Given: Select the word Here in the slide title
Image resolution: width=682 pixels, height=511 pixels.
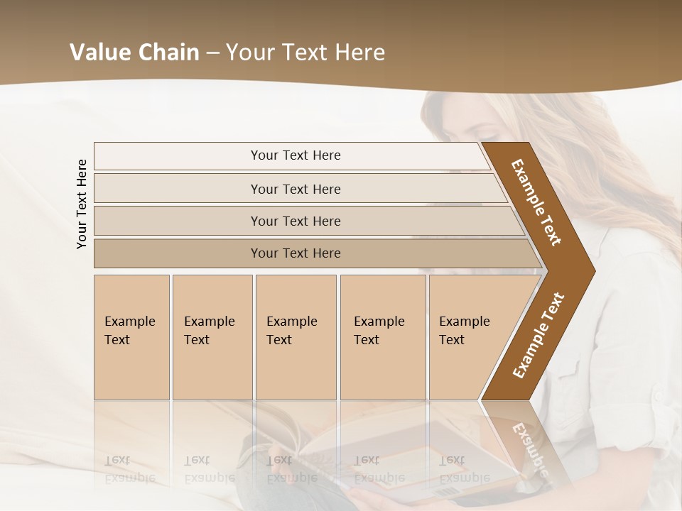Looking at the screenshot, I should (x=359, y=53).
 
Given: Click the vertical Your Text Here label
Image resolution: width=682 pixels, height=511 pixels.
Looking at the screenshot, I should (x=82, y=204).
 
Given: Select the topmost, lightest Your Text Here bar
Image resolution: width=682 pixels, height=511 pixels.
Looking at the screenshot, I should (x=295, y=155).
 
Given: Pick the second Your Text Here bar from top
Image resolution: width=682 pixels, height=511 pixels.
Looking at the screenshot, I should (x=295, y=189).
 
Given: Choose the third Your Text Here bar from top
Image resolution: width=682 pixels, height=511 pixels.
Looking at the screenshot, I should (x=295, y=221).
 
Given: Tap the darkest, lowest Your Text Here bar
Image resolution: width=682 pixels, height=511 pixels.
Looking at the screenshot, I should (x=295, y=253).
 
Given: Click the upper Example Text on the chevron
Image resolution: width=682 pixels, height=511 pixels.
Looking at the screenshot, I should (x=537, y=202).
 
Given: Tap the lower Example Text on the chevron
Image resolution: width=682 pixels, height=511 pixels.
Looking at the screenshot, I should (x=538, y=336).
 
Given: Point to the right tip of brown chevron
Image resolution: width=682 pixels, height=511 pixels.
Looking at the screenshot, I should (x=593, y=271).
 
